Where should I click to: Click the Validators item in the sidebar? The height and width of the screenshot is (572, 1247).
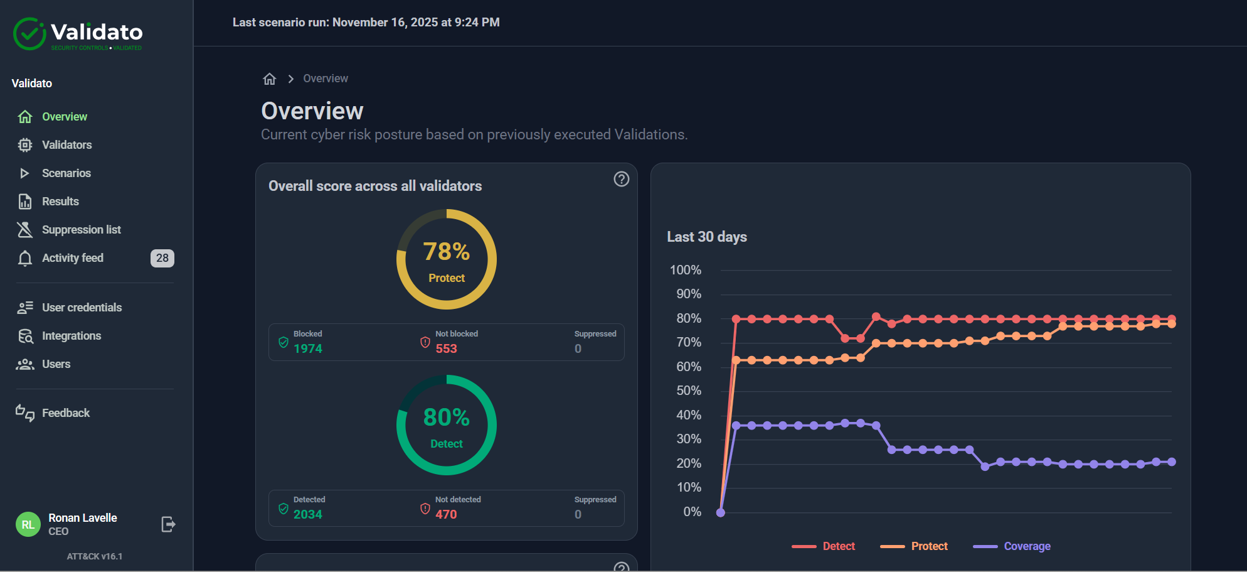coord(66,145)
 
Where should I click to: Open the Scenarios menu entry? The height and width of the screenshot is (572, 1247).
coord(66,173)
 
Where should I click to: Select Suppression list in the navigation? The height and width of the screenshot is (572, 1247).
coord(81,230)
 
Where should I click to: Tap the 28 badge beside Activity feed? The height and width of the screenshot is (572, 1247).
coord(162,258)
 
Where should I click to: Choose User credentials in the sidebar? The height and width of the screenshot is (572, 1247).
coord(82,308)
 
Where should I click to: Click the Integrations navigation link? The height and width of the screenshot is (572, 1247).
coord(71,336)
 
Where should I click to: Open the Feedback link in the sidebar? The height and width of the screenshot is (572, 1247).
coord(65,413)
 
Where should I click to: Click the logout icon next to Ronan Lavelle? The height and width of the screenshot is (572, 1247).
coord(168,524)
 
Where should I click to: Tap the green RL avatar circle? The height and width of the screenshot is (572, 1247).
coord(28,524)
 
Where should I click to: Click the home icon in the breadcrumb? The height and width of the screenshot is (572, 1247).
coord(270,78)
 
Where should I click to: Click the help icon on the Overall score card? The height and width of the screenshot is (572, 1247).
coord(621,180)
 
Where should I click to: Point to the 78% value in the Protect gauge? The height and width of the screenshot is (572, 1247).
coord(446,252)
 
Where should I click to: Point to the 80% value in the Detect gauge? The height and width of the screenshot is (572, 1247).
coord(446,418)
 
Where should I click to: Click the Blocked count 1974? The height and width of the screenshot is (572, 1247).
coord(307,348)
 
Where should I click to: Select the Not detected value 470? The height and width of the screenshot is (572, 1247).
coord(446,514)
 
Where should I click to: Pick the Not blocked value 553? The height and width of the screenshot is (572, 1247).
coord(446,348)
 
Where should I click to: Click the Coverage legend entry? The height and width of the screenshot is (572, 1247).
coord(1027,546)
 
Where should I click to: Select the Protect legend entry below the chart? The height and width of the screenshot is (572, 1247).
coord(929,546)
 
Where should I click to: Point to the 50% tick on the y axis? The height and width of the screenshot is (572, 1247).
coord(689,391)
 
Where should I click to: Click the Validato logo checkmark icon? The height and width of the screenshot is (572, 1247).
coord(29,34)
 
